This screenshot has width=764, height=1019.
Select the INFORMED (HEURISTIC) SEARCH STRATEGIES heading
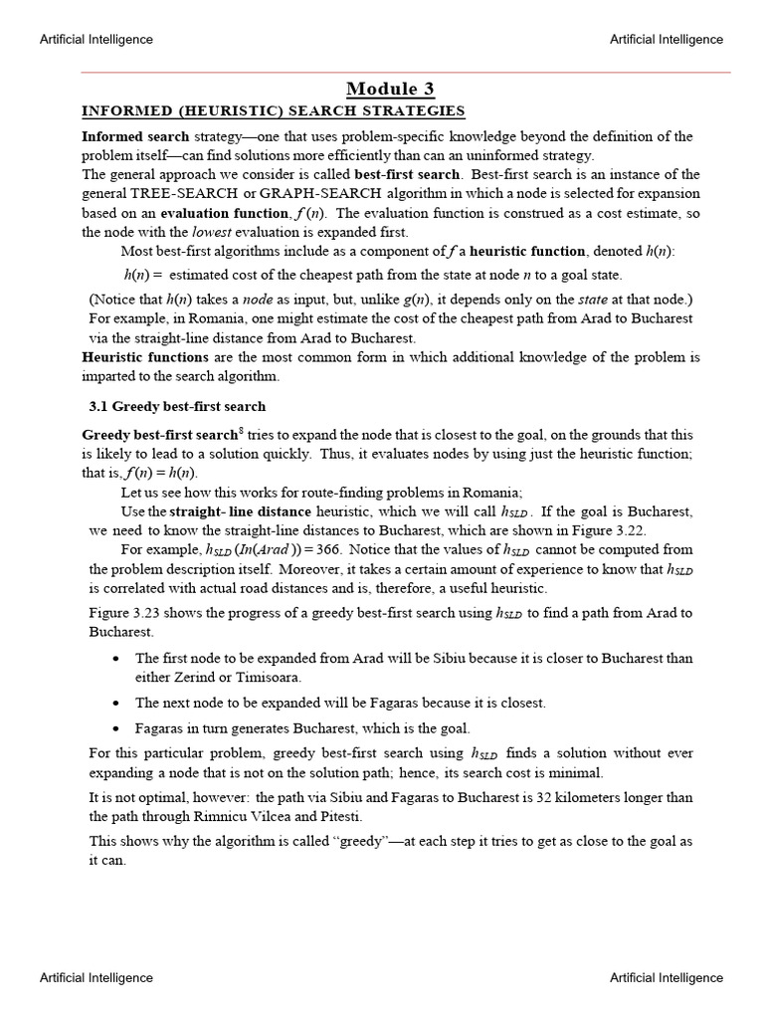click(x=273, y=110)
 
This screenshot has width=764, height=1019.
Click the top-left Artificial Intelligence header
click(x=95, y=40)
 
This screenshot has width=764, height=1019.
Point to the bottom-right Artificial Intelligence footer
click(x=667, y=978)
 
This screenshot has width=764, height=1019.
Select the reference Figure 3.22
click(x=610, y=530)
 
